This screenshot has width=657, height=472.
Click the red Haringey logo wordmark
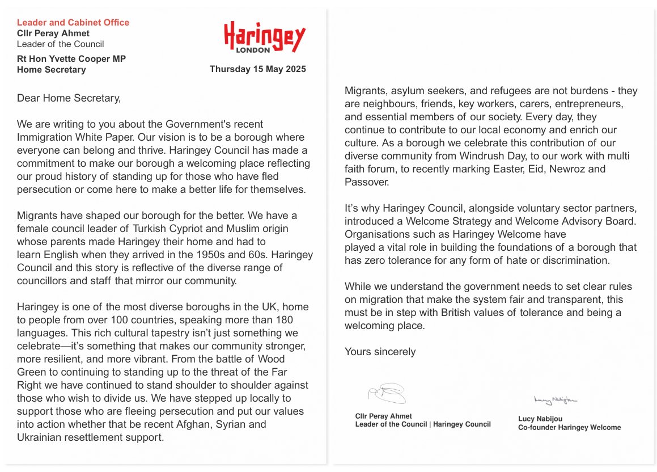point(264,36)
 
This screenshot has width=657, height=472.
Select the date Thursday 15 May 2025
point(257,69)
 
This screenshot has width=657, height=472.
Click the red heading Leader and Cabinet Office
point(73,23)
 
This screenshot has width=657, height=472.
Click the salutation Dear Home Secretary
point(69,98)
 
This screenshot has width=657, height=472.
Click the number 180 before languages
point(284,320)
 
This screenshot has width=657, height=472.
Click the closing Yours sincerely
point(380,352)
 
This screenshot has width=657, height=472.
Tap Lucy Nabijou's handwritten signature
point(555,401)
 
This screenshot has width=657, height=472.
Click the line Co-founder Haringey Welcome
point(569,428)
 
